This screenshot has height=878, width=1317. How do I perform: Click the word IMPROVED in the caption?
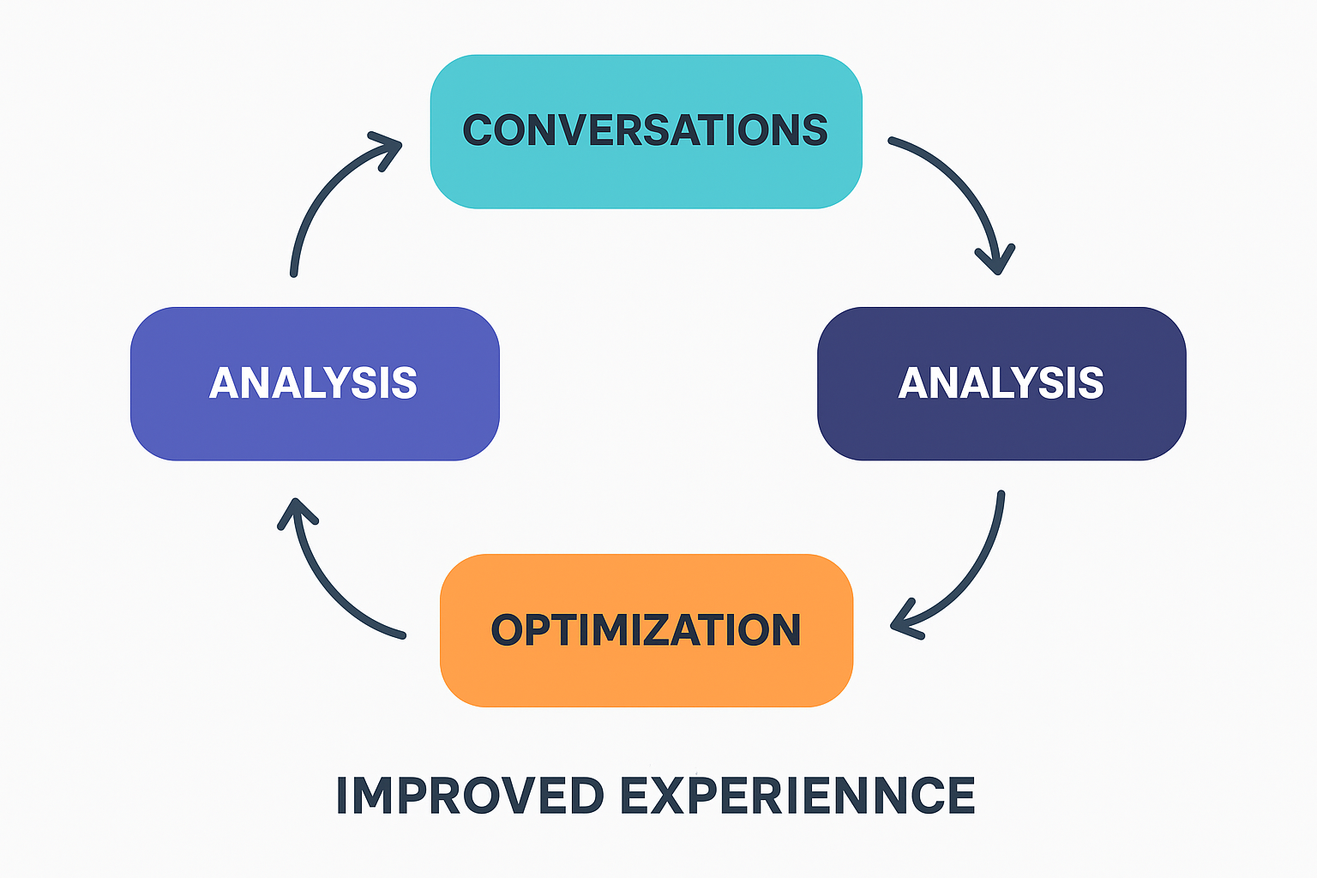[x=470, y=796]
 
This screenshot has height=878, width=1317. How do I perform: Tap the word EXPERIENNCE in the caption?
[x=797, y=796]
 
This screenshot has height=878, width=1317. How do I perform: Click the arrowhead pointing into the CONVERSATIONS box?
[x=388, y=147]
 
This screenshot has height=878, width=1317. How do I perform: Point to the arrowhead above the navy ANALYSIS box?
[x=996, y=258]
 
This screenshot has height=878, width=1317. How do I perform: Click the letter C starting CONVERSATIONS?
[x=483, y=130]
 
